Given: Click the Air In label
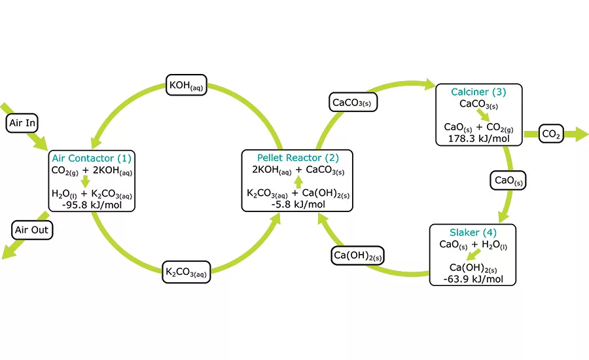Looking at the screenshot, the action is pos(22,123).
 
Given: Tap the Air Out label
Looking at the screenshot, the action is pos(31,230).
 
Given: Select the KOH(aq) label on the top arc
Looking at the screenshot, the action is pos(187,85).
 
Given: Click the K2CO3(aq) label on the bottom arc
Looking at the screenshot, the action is pos(187,272).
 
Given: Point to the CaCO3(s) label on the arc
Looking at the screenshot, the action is pos(353,102).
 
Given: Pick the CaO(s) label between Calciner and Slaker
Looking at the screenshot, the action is pos(508,181).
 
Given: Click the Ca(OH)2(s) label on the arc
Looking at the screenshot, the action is pos(357,255).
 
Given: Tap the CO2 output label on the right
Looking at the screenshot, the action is pos(551,134).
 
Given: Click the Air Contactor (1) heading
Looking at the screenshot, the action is pos(92,158).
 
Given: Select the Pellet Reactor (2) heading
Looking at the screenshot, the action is pos(298,158).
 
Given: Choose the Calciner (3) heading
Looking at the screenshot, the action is pos(478,92).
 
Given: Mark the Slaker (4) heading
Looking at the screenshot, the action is pos(473,232).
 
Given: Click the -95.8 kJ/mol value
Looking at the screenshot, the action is pos(92,205).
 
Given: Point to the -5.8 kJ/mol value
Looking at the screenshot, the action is pos(298,204).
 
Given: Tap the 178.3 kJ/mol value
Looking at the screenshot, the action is pos(478,139).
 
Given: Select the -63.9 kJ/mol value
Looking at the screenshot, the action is pos(473,279).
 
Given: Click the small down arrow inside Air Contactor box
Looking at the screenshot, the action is pos(86,181).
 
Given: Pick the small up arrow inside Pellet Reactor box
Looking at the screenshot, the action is pos(298,182).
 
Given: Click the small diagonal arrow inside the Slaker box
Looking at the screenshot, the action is pos(473,255).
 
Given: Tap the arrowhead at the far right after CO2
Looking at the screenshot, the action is pos(582,134).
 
